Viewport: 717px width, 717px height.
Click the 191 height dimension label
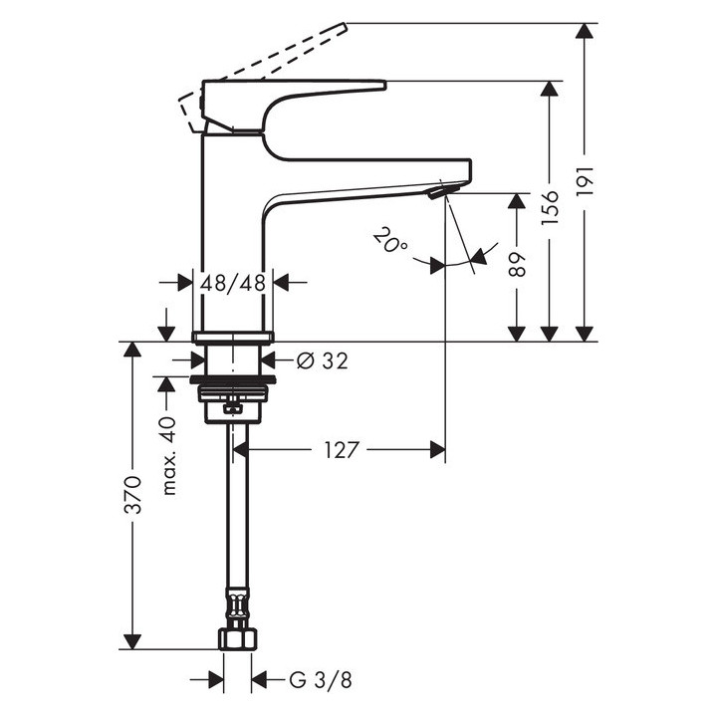[585, 181]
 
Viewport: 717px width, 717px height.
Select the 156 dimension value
[550, 207]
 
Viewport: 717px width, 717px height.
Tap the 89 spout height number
[517, 264]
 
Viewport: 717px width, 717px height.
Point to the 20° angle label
[390, 241]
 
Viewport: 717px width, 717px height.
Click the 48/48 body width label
[233, 284]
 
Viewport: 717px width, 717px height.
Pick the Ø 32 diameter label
[323, 360]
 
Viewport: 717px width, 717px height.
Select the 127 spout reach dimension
[342, 450]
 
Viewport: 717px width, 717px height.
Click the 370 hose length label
[133, 495]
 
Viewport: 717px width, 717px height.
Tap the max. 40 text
[168, 456]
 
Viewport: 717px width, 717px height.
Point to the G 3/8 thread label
[321, 680]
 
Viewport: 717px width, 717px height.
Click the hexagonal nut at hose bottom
[237, 638]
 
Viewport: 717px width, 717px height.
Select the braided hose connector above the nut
[237, 605]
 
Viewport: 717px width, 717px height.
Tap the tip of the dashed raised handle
[346, 25]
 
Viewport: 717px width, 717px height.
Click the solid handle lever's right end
[385, 85]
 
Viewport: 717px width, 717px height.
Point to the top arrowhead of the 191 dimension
[585, 30]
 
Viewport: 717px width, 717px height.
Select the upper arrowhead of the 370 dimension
[132, 349]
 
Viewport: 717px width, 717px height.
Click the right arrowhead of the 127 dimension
[437, 450]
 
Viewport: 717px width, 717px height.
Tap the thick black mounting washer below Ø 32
[233, 379]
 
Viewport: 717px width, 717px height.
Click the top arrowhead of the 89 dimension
[517, 201]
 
